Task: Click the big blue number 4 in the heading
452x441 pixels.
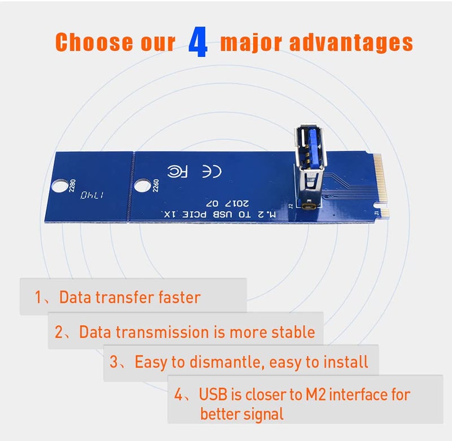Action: click(x=197, y=42)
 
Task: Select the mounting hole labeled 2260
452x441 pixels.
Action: click(x=139, y=185)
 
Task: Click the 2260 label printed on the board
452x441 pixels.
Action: click(x=154, y=185)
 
